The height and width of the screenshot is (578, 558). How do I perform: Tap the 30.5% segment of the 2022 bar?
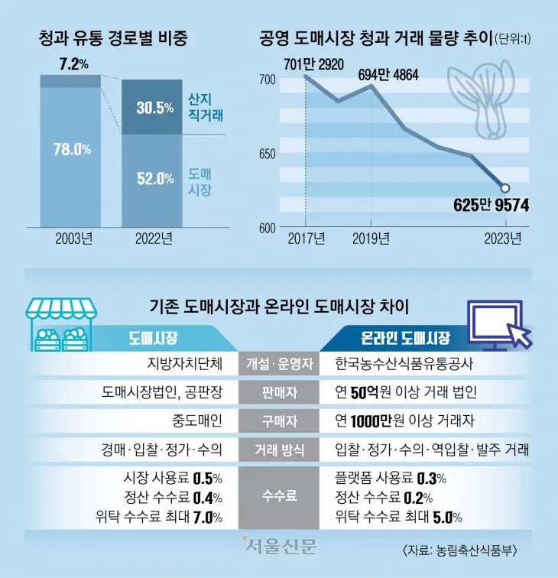point(155,108)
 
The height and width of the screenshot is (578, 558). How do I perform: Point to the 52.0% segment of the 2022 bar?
point(155,179)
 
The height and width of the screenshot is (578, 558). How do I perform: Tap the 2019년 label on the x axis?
point(371,239)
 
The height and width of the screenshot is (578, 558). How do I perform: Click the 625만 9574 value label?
point(491,205)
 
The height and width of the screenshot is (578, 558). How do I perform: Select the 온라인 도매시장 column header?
point(405,337)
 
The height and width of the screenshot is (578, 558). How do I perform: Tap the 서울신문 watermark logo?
point(279,546)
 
